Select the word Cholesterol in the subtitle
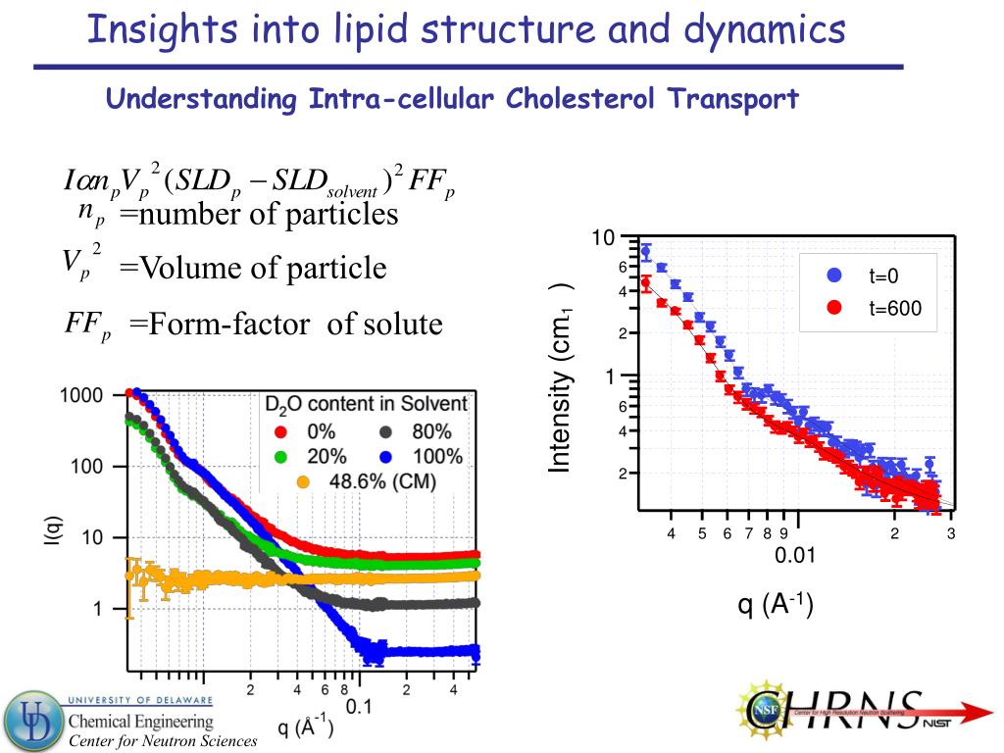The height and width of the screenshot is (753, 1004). coord(581,99)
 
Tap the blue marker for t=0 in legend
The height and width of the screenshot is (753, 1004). coord(834,276)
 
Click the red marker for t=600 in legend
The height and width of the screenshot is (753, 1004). coord(834,308)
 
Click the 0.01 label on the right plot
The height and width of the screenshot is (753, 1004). coord(795,557)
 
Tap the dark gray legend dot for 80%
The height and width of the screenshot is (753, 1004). coord(386,430)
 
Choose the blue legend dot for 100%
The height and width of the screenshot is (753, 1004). coord(386,455)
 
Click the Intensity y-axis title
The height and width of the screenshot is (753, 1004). coord(561,378)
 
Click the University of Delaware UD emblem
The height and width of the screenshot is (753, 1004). coord(31,721)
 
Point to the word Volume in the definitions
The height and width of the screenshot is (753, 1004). coord(189,268)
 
